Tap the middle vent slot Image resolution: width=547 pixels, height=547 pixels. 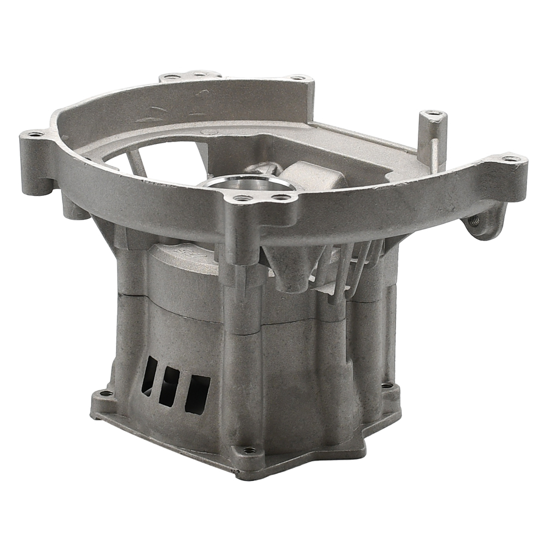tap(170, 386)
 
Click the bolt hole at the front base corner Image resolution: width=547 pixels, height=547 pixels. tap(249, 451)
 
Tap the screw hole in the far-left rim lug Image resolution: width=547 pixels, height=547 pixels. tap(35, 134)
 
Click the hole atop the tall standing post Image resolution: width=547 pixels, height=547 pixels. tap(434, 114)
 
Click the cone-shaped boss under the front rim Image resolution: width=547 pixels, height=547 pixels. tap(290, 268)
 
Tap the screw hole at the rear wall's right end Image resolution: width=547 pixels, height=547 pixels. tap(299, 78)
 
